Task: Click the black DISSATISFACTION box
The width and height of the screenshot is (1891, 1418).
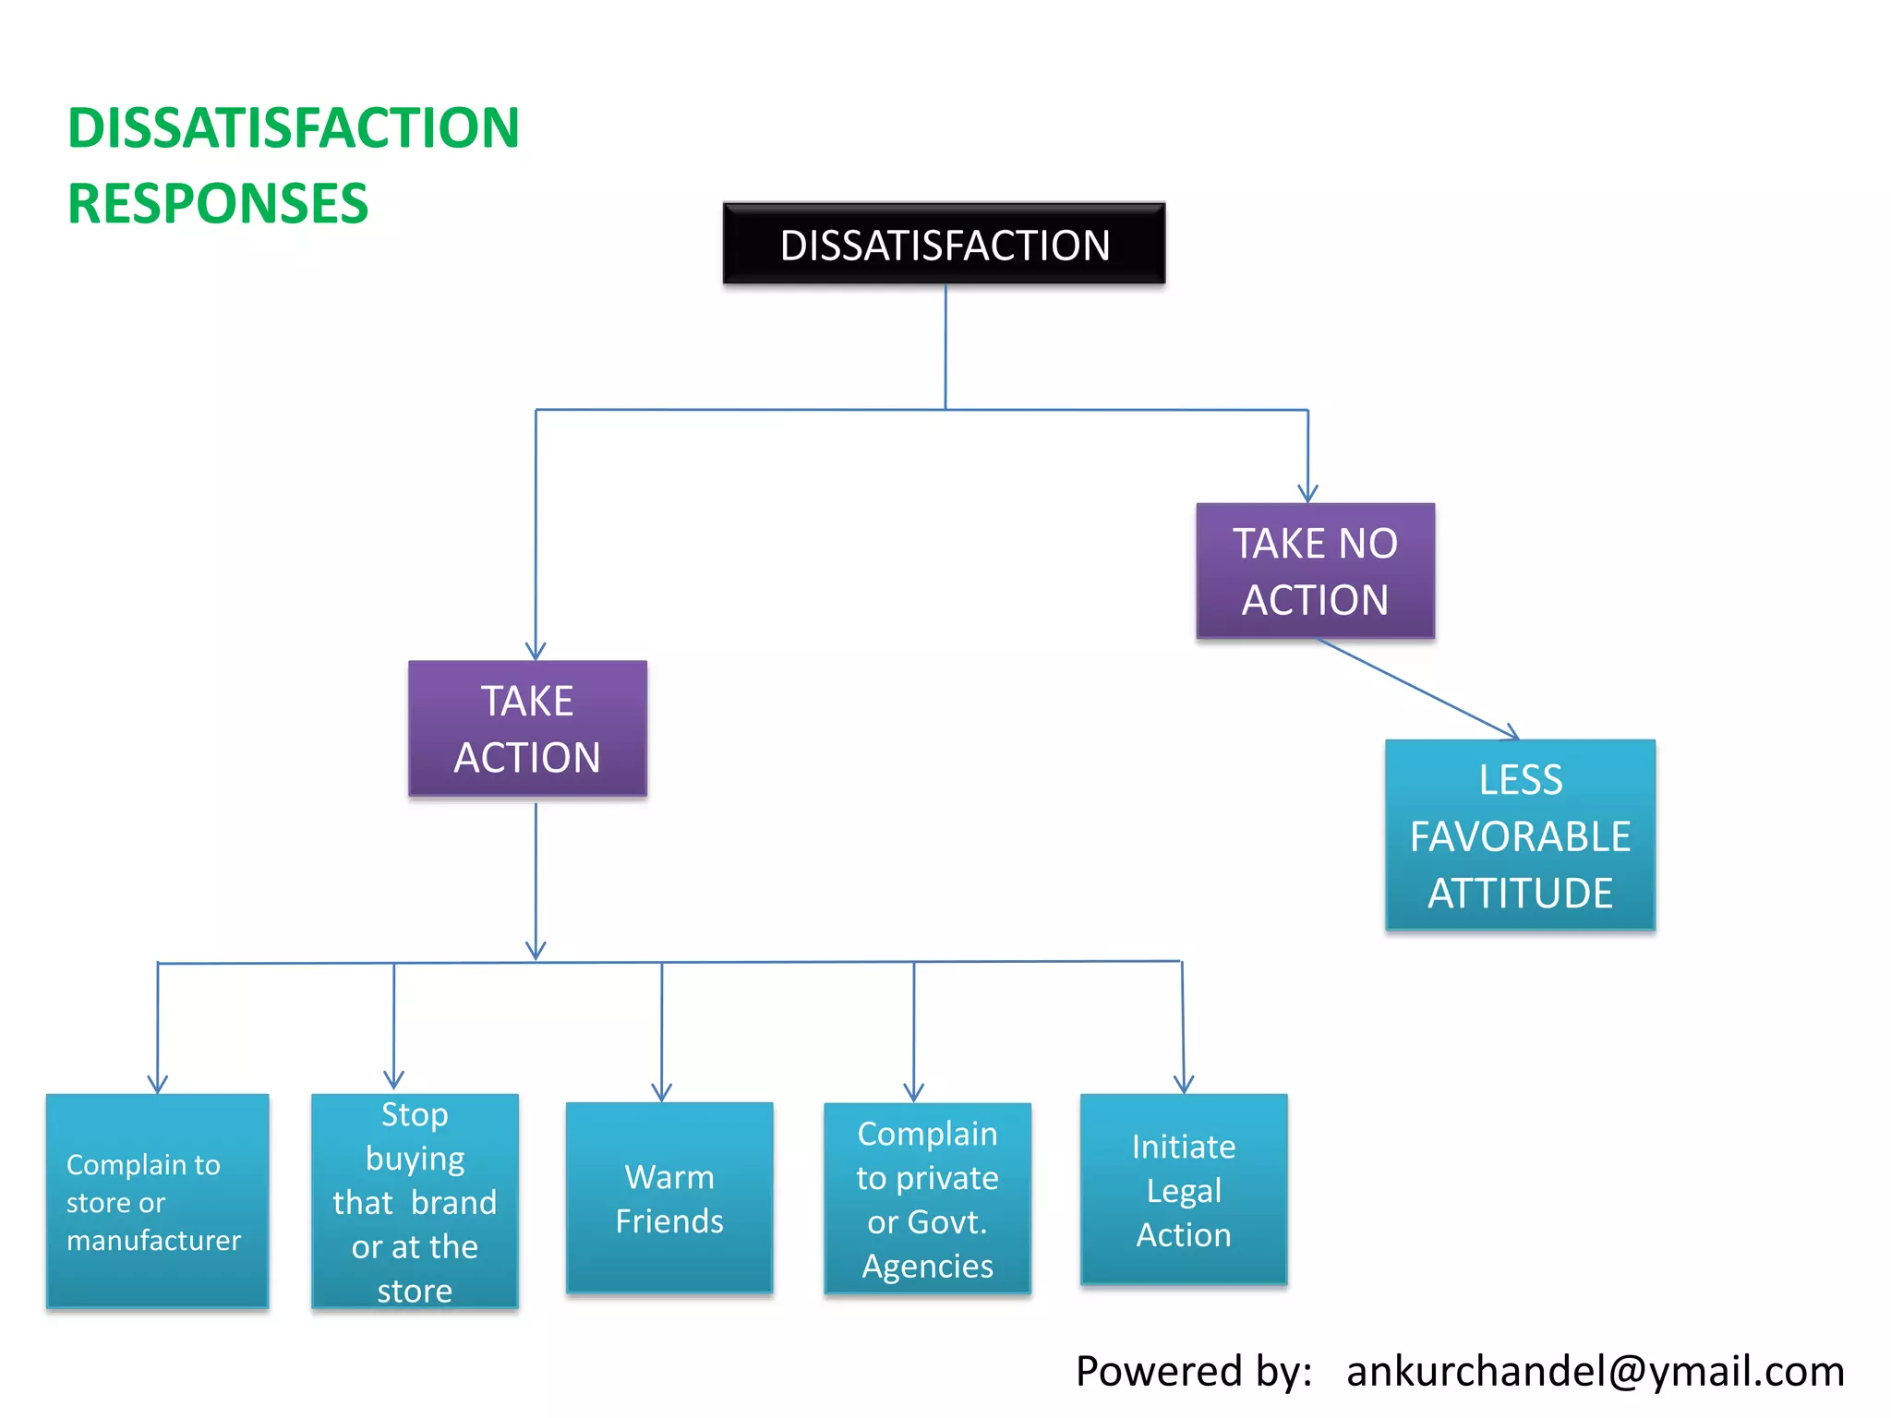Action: coord(944,244)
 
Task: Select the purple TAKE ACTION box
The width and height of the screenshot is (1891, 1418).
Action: coord(527,728)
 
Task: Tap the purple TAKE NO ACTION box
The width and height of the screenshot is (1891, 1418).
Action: coord(1315,571)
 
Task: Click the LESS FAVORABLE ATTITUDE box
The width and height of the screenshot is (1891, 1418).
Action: coord(1520,835)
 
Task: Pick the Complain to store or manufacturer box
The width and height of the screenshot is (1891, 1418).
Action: coord(157,1201)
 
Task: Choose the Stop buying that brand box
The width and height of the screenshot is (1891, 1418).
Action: coord(415,1201)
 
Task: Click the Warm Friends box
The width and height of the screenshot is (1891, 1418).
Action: coord(669,1198)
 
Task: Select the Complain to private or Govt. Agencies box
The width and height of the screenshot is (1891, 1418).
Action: coord(927,1198)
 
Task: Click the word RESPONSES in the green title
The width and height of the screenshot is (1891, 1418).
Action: coord(218,204)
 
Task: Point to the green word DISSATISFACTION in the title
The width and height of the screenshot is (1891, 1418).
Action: coord(294,127)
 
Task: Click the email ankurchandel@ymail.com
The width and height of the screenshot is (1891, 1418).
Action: coord(1595,1371)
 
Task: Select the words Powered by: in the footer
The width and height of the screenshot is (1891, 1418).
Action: coord(1194,1371)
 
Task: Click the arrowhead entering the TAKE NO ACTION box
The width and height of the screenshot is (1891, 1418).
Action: coord(1307,494)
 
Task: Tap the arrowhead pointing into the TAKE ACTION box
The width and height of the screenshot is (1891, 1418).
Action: coord(536,651)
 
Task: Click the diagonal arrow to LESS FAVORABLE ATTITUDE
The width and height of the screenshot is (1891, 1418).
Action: coord(1417,688)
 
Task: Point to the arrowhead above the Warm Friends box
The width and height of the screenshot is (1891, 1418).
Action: coord(661,1092)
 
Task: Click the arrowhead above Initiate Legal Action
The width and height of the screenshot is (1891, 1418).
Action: coord(1184,1084)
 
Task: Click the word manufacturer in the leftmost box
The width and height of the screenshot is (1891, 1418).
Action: coord(154,1240)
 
